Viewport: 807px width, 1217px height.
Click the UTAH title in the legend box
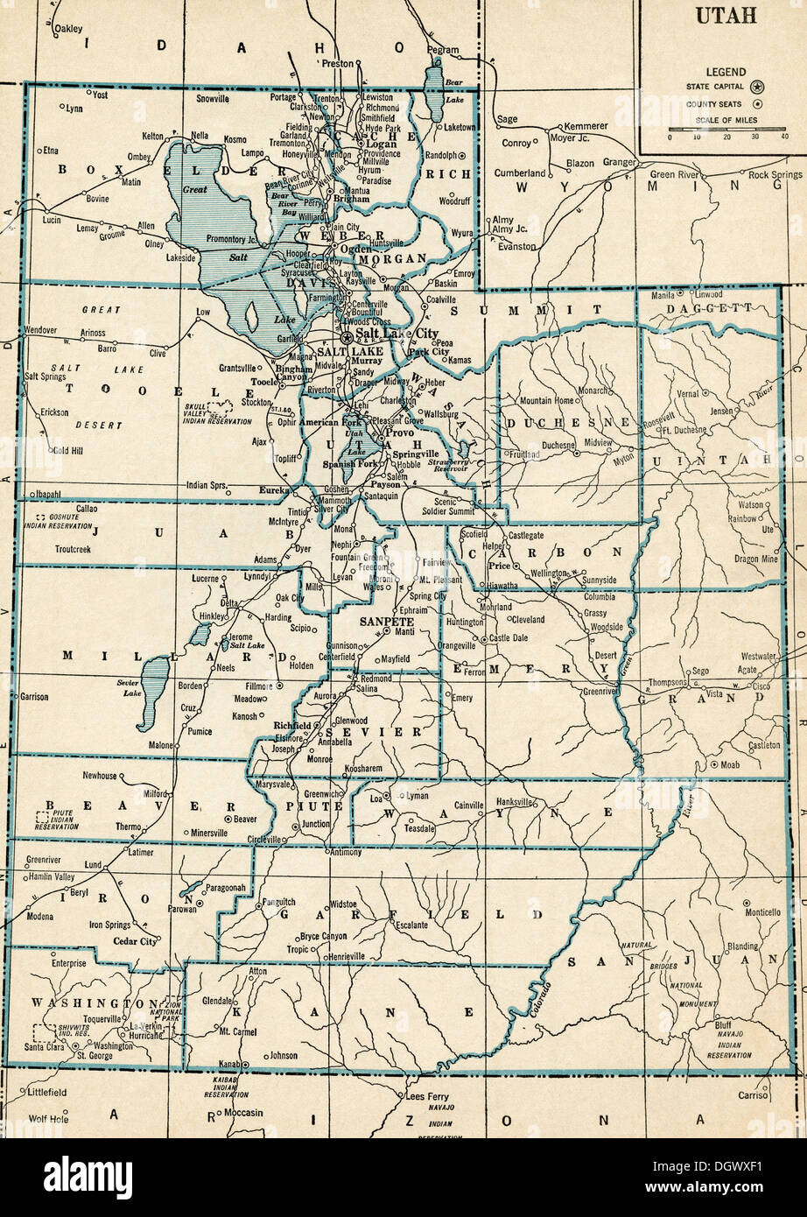(x=722, y=16)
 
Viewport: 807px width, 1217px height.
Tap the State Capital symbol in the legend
(x=758, y=87)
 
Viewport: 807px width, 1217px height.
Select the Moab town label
(x=729, y=764)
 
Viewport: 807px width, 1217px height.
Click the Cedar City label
(x=134, y=941)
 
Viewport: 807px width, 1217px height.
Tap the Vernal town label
(x=687, y=394)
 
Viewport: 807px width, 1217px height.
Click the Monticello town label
(x=761, y=911)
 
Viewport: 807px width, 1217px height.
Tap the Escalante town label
(x=411, y=925)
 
